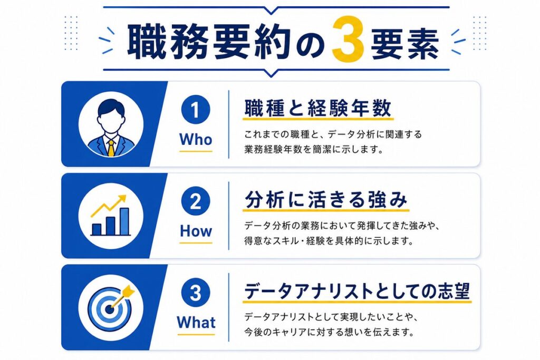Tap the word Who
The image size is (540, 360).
(x=196, y=140)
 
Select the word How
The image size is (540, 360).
(x=196, y=231)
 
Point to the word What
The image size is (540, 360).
(x=196, y=323)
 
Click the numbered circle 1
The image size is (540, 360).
(x=196, y=110)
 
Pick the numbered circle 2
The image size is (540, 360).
(x=196, y=201)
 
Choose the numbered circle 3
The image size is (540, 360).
(x=196, y=293)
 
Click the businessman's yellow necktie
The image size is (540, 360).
(x=111, y=148)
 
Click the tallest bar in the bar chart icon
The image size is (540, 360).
(x=124, y=222)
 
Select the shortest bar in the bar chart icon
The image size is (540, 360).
(x=97, y=230)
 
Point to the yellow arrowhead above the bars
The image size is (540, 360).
(x=122, y=200)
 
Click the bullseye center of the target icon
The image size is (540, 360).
(x=110, y=309)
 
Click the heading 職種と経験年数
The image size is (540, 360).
(x=318, y=108)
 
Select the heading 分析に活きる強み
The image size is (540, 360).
(x=326, y=199)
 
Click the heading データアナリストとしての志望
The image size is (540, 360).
(x=357, y=291)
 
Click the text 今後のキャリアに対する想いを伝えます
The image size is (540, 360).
(x=329, y=332)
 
